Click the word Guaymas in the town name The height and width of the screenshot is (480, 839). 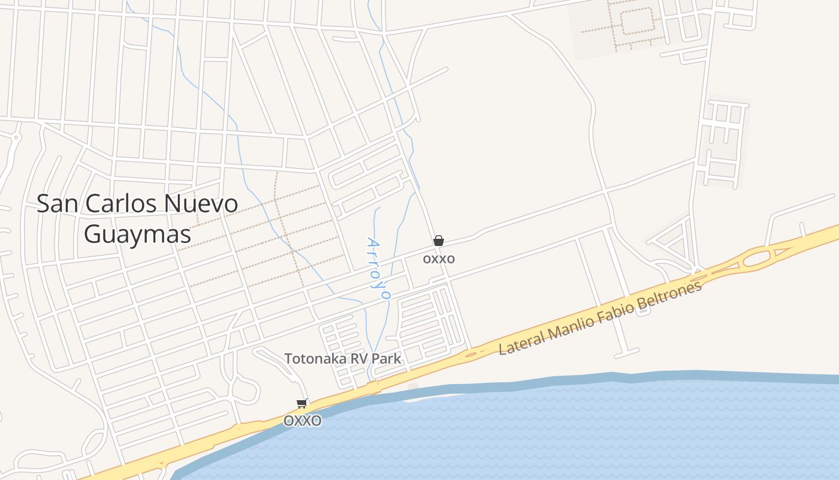[x=137, y=233]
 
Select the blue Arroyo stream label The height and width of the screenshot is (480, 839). [x=378, y=268]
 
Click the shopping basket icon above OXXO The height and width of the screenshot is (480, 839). [x=439, y=241]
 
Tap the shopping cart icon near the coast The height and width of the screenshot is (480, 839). [x=302, y=403]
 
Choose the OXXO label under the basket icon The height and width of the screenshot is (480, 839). [x=439, y=259]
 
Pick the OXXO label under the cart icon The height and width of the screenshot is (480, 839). [x=302, y=421]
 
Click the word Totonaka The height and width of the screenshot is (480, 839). [x=315, y=359]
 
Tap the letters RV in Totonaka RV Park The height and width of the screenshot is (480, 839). [x=360, y=359]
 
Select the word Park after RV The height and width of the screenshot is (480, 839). [x=386, y=359]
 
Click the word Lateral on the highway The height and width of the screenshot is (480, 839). [x=522, y=341]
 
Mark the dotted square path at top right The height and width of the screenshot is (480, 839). [x=636, y=21]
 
